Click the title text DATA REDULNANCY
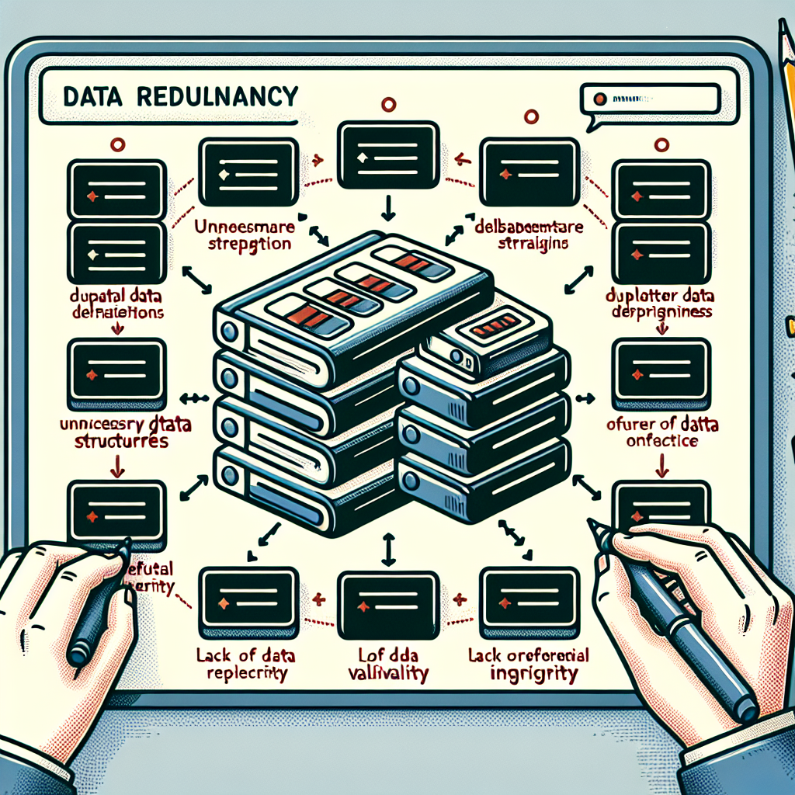[179, 96]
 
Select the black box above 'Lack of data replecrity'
[248, 596]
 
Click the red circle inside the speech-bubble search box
[599, 99]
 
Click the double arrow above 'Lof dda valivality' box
[387, 549]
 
